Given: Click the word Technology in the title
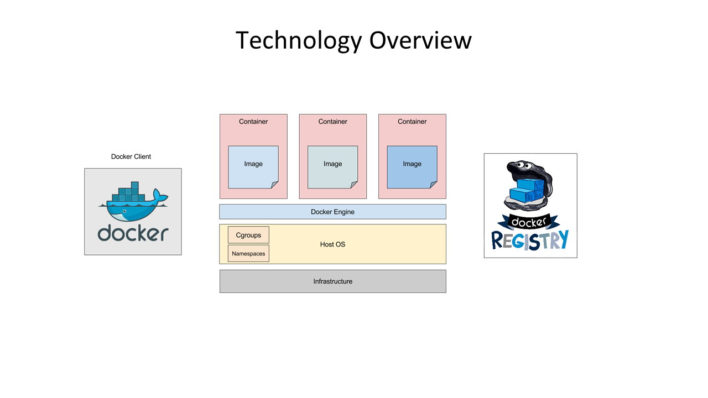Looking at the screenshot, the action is coord(298,41).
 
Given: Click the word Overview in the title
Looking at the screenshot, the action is coord(420,40).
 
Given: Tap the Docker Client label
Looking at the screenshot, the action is coord(131,156).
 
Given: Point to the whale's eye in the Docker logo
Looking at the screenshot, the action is coord(124,211).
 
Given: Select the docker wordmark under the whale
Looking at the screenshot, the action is coord(133,233).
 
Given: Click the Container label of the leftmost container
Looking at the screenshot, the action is coord(253,122).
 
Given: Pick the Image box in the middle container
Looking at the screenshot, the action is coord(332,167).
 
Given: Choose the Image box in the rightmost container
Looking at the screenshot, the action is coord(412,167).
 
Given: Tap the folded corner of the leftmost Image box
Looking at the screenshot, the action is coord(274,185).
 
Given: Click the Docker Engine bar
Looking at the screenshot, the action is coord(332,212).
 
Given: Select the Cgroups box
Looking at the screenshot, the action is coord(248,235).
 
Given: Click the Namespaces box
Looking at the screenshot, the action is coord(248,253).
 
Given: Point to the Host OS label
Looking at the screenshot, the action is coord(332,244).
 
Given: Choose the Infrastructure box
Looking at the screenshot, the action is coord(333,281).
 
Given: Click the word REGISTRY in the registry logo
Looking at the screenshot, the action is coord(530,240).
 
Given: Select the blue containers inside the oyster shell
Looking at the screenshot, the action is coord(526,191).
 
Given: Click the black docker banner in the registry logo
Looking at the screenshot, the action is coord(528,222).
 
